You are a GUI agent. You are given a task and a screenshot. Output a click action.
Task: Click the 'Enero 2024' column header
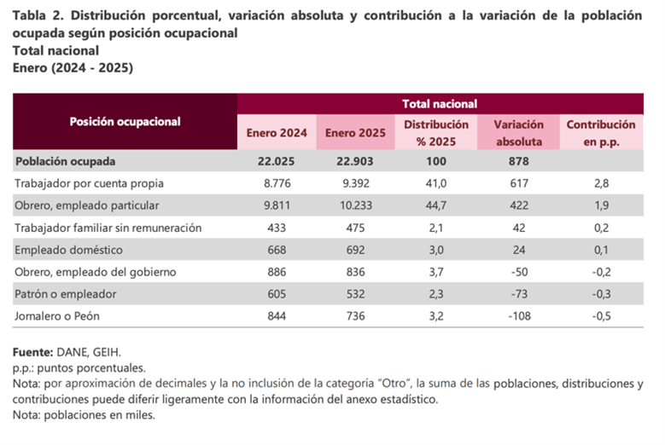(277, 133)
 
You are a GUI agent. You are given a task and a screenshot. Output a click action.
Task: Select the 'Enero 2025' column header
(355, 133)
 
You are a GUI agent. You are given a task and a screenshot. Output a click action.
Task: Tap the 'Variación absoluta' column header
(519, 133)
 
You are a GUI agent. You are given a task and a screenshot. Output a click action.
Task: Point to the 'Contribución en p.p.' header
(601, 133)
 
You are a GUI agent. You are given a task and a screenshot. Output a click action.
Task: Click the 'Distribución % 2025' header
(436, 133)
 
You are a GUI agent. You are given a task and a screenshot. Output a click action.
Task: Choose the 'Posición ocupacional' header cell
(125, 122)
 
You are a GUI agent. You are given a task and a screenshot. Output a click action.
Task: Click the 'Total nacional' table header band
(440, 104)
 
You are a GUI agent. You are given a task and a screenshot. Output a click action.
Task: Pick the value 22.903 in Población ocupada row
(355, 161)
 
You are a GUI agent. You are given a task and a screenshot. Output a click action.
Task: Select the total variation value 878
(519, 161)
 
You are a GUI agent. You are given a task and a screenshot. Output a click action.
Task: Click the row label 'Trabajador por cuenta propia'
(89, 183)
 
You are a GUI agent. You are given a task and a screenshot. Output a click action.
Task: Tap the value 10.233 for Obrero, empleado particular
(355, 205)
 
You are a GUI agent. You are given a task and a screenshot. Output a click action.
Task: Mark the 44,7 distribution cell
(436, 205)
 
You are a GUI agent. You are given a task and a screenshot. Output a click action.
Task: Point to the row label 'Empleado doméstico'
(68, 250)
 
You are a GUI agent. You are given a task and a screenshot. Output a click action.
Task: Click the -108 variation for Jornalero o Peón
(519, 316)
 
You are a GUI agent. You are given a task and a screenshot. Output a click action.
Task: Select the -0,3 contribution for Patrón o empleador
(601, 294)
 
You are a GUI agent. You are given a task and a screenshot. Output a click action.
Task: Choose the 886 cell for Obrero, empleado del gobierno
(277, 272)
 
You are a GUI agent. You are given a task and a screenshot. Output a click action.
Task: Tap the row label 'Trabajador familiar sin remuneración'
(108, 228)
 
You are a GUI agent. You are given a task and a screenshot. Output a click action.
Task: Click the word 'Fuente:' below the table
(32, 352)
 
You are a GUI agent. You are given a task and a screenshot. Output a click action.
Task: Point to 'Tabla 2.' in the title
(38, 15)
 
